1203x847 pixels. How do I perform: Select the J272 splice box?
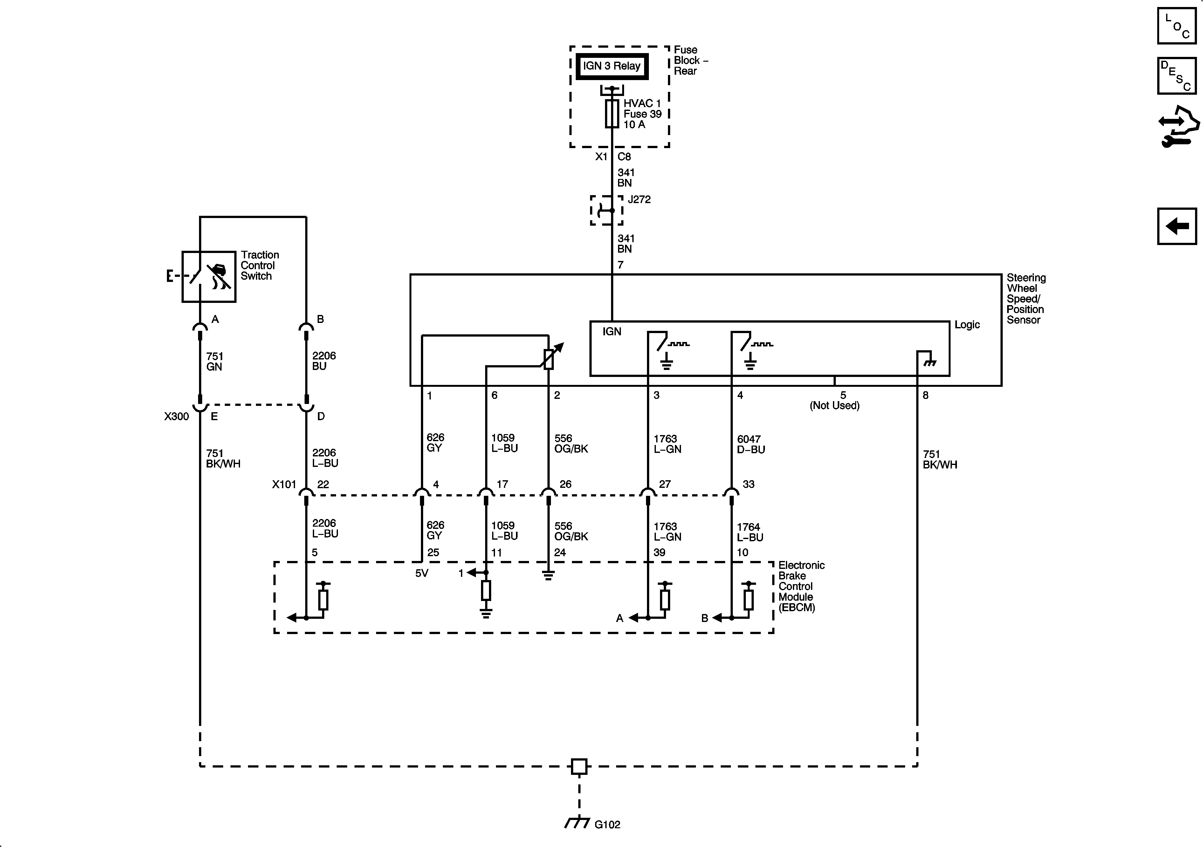coord(606,210)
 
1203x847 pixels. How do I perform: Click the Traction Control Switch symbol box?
coord(209,277)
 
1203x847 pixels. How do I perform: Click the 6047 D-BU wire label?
coord(751,444)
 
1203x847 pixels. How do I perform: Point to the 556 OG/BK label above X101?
coord(571,443)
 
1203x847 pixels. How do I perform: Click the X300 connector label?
coord(176,416)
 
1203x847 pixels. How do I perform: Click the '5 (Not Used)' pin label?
coord(834,401)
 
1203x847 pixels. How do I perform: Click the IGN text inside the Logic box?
coord(611,331)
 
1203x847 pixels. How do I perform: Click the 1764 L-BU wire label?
coord(750,532)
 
